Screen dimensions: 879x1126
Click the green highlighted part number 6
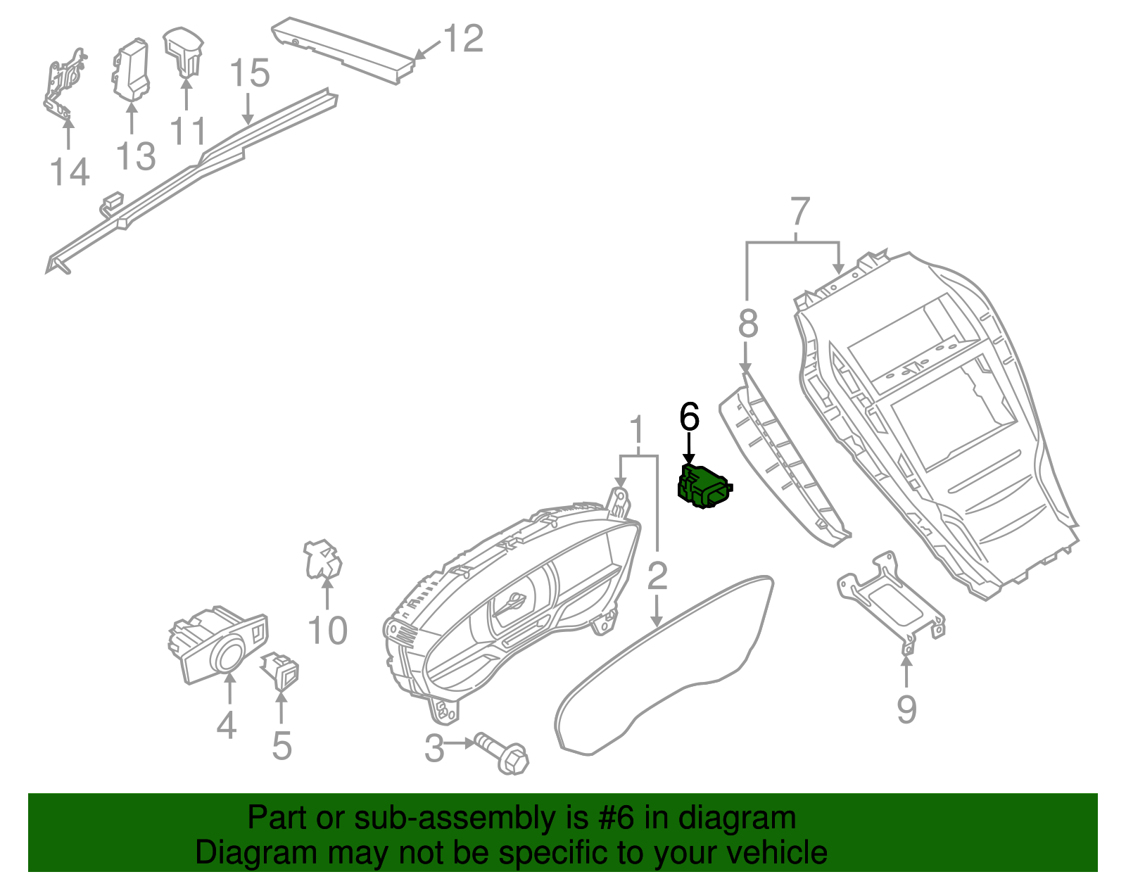tap(704, 488)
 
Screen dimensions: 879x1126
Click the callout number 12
tap(464, 39)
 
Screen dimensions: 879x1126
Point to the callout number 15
tap(250, 73)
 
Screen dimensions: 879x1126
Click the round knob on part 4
tap(229, 655)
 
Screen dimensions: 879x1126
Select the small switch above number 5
tap(281, 669)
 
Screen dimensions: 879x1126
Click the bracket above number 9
tap(891, 597)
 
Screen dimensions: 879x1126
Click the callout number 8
tap(748, 324)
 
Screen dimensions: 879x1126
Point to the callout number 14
tap(70, 172)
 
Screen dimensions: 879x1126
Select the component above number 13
tap(131, 70)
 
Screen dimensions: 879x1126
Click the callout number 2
tap(657, 576)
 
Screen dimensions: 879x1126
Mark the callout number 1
tap(637, 431)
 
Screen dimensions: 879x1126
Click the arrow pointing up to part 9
tap(906, 671)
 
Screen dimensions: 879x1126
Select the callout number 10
tap(327, 631)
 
